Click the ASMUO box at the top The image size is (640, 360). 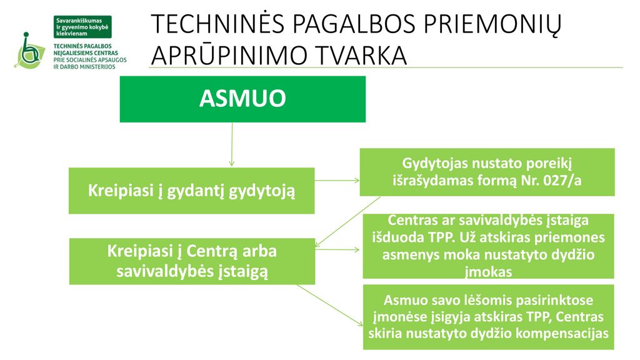(x=242, y=99)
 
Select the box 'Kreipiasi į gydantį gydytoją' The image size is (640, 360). (x=191, y=191)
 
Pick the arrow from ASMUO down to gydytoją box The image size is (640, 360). (x=232, y=144)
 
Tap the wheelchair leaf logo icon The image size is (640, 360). (x=29, y=51)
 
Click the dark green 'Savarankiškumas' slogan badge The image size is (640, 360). (x=82, y=27)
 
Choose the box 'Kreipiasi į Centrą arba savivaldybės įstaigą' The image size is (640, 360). (x=192, y=261)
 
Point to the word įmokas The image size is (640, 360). (x=489, y=272)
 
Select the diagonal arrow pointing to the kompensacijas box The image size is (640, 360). (x=330, y=305)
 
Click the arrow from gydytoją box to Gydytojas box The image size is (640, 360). (x=337, y=180)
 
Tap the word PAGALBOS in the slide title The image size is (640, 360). (x=353, y=24)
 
